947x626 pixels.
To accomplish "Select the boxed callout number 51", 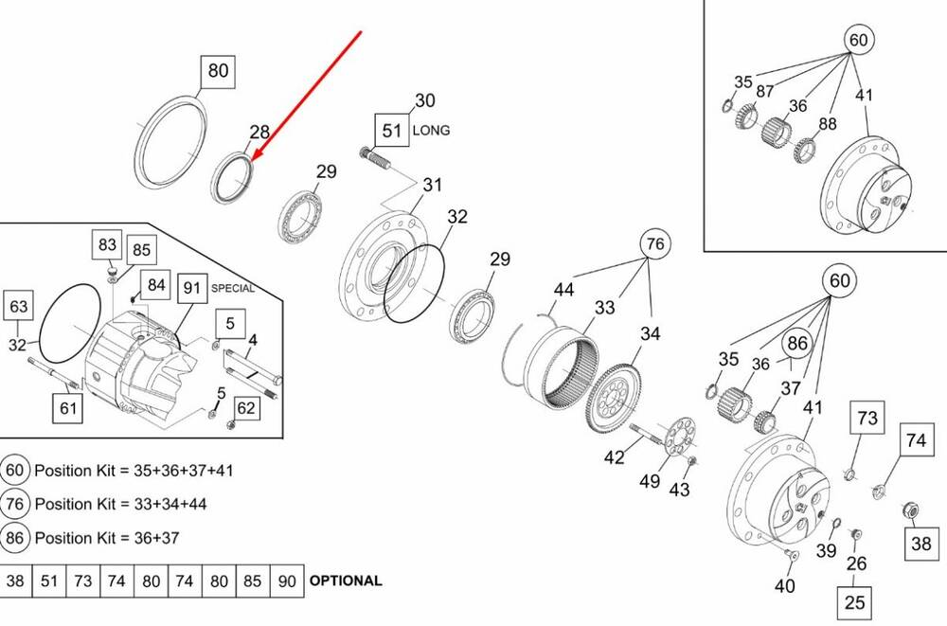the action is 392,130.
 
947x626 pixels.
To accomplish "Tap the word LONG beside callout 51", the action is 431,130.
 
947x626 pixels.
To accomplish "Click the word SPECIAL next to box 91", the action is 233,288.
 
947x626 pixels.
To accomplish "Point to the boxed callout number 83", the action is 107,244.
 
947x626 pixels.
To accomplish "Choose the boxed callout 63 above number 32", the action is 19,306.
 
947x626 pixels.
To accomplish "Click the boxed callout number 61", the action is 67,408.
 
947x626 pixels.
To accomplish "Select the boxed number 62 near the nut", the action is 246,408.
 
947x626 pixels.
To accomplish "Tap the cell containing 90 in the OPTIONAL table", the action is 287,581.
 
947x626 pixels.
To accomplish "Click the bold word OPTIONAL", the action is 346,581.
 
